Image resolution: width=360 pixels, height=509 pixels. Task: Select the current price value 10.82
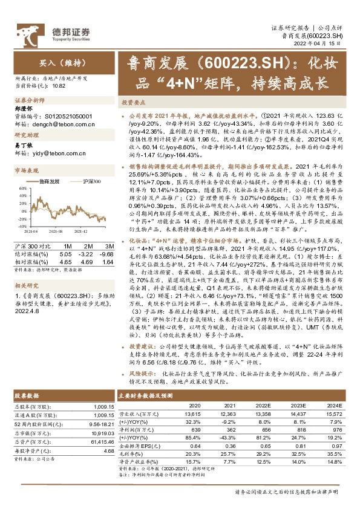(x=59, y=86)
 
